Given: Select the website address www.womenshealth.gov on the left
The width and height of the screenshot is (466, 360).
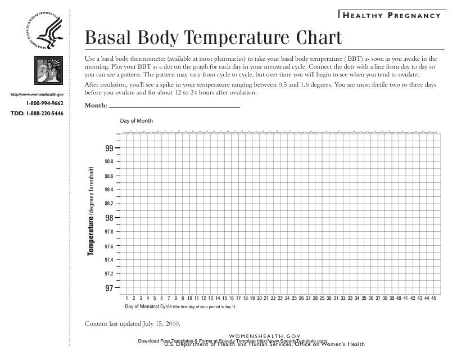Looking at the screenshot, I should click(41, 94).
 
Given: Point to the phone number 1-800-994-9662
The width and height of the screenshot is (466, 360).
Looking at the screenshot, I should click(44, 104).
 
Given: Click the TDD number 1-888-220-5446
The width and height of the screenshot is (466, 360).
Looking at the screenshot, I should click(37, 114).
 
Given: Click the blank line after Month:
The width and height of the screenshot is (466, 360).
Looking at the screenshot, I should click(174, 106).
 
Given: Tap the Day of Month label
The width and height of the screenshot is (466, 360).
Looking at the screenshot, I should click(136, 121).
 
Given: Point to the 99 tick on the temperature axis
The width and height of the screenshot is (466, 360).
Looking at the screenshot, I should click(110, 148).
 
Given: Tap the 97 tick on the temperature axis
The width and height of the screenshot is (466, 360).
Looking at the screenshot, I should click(110, 288).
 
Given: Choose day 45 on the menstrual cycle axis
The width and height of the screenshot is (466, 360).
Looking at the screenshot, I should click(434, 298).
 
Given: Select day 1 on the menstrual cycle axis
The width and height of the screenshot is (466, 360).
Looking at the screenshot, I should click(127, 298).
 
